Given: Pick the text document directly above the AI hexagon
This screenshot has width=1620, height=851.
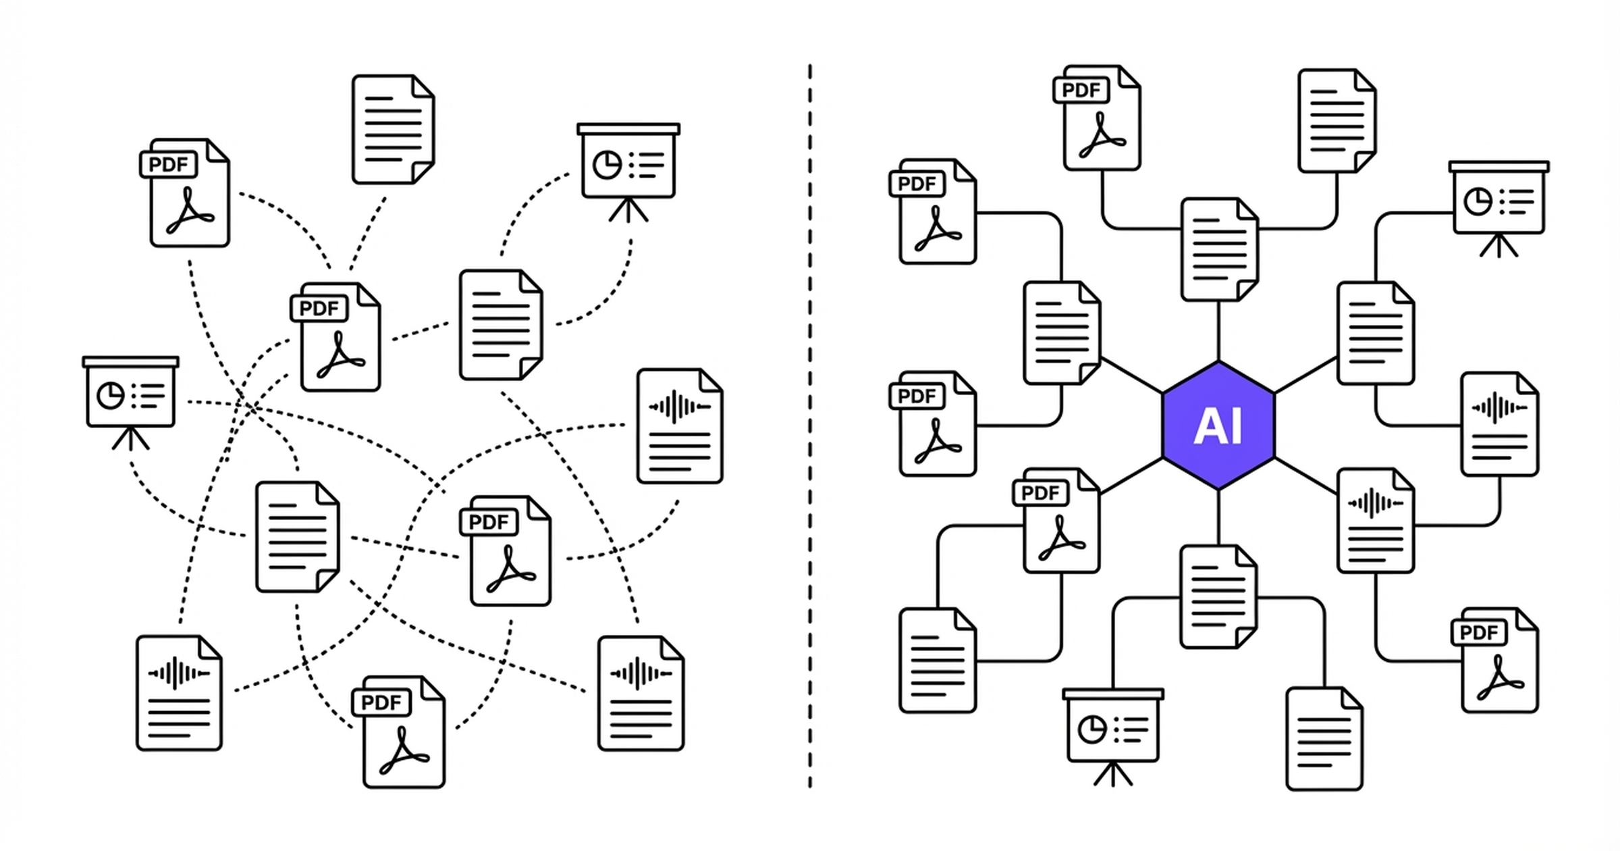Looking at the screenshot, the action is [x=1219, y=250].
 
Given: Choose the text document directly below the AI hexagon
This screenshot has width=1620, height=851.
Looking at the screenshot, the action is [x=1218, y=597].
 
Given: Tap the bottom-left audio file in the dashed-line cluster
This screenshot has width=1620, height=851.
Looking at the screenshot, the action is [x=179, y=693].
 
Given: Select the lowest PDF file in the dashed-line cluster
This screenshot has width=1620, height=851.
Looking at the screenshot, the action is [x=403, y=733].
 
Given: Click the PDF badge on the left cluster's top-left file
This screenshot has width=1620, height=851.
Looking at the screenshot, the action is [x=169, y=165].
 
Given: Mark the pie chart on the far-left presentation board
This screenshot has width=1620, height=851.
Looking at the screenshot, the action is [x=111, y=396].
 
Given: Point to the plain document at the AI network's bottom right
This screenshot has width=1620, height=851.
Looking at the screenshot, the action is [x=1324, y=739].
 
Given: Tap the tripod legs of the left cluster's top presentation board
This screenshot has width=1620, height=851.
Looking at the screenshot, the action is [x=628, y=210].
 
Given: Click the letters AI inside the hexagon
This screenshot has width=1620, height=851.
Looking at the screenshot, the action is [x=1218, y=427].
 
